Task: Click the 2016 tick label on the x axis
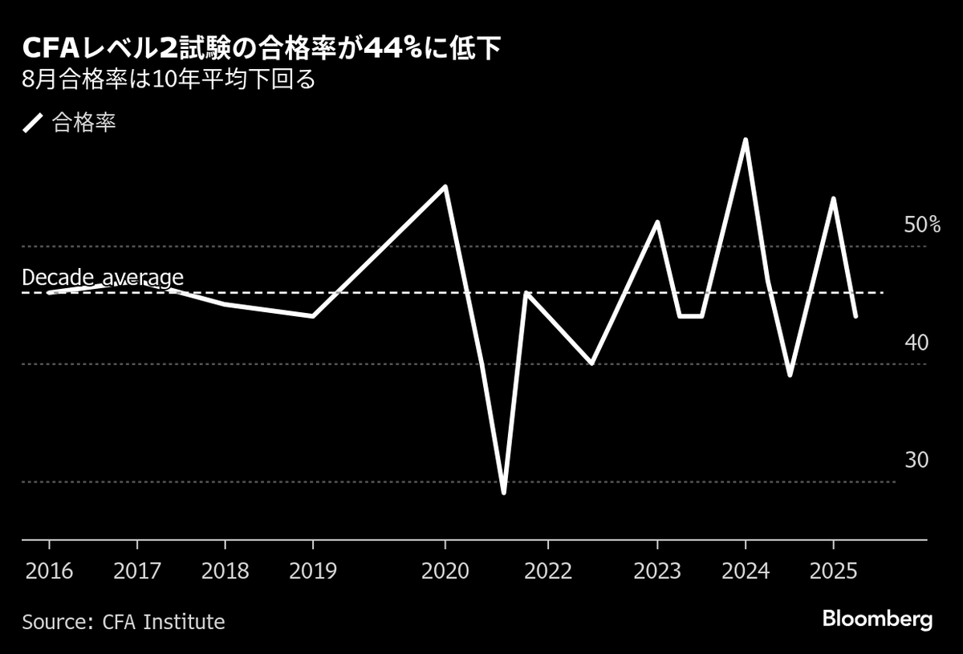click(49, 571)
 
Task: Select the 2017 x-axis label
click(137, 571)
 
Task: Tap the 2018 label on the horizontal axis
click(226, 571)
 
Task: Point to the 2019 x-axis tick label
click(313, 571)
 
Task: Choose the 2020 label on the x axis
click(445, 571)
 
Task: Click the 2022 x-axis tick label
click(547, 571)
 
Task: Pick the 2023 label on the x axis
click(657, 571)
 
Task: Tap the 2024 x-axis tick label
click(746, 571)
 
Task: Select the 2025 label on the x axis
click(833, 571)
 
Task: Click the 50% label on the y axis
click(922, 225)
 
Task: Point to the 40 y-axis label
click(916, 343)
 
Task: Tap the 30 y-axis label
click(916, 460)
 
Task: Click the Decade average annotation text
click(103, 278)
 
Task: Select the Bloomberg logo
click(877, 619)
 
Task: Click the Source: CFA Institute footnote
click(124, 621)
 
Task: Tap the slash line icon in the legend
click(32, 123)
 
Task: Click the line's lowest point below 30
click(503, 492)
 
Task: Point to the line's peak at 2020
click(445, 187)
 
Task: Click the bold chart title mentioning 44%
click(262, 51)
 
